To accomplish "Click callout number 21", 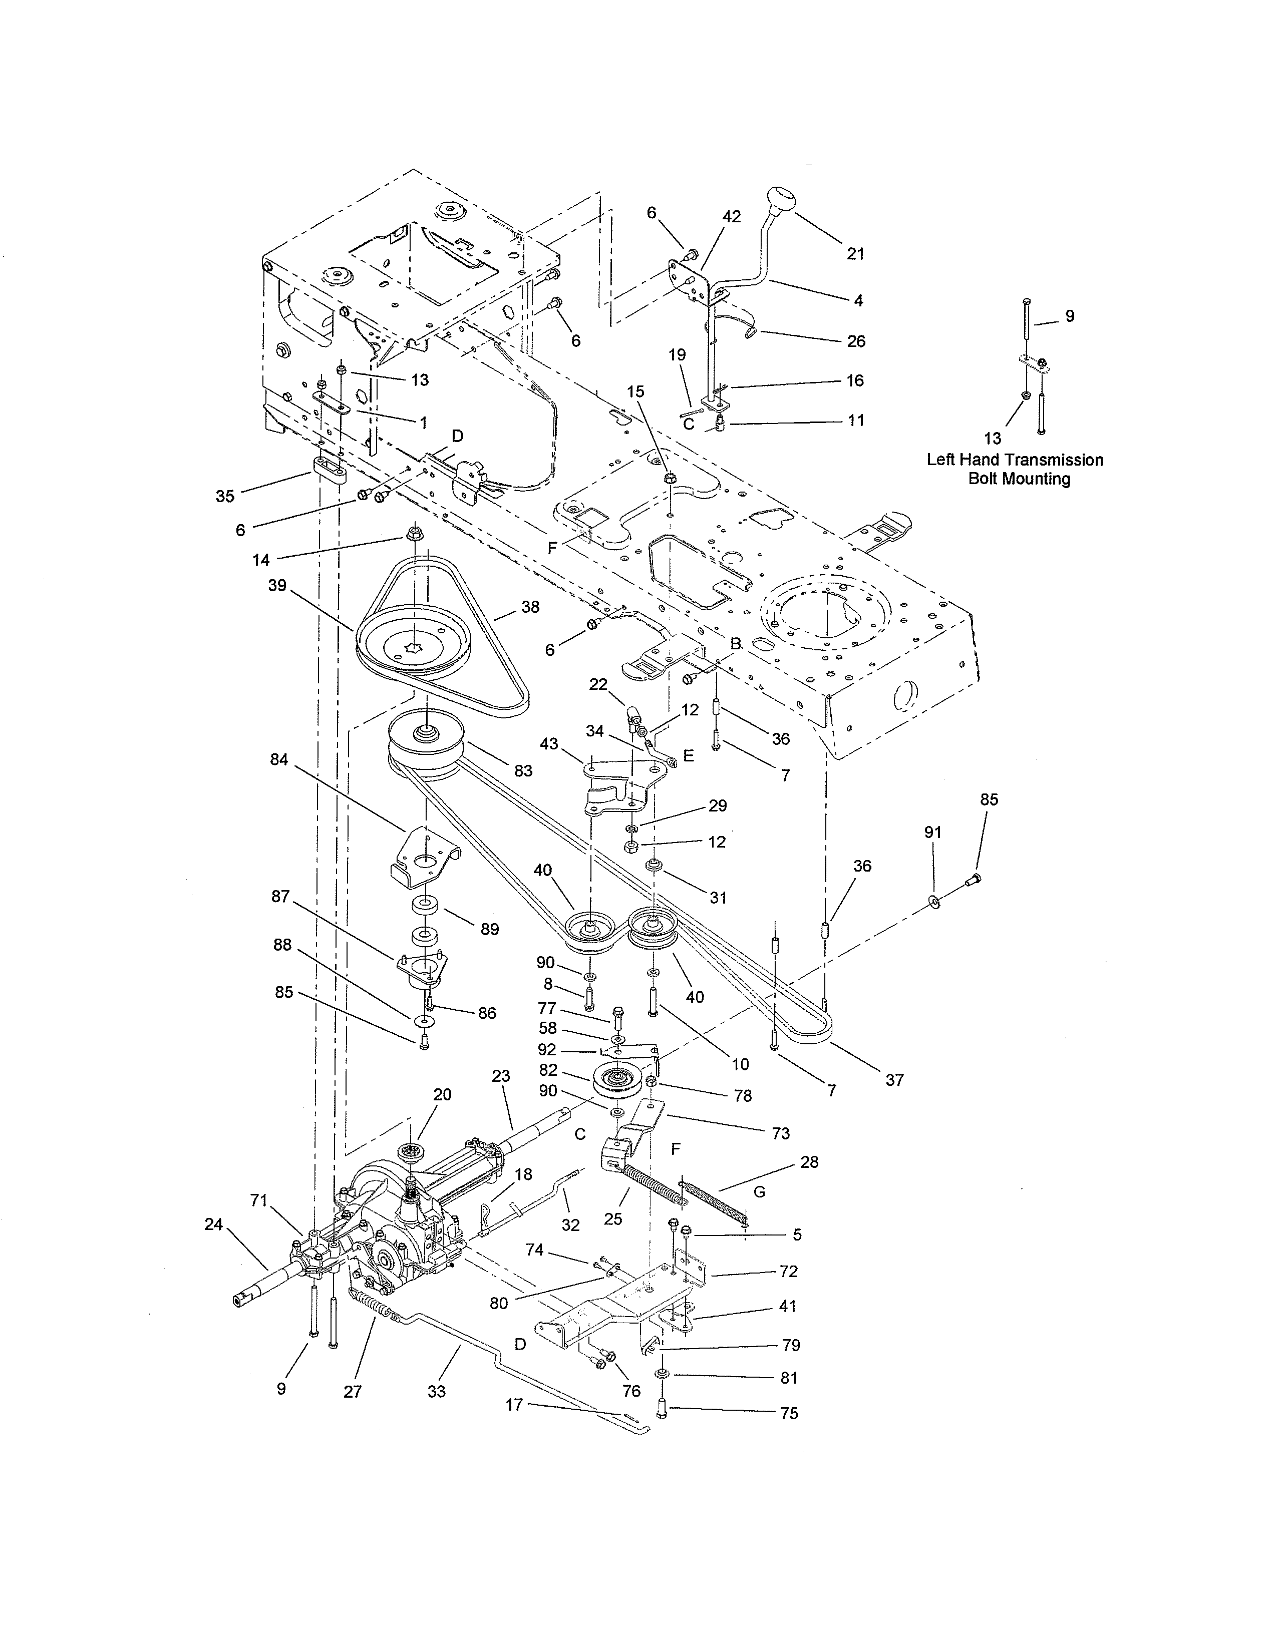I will click(855, 254).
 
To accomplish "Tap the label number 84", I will click(279, 759).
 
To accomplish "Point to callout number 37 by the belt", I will click(894, 1079).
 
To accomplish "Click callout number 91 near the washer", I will click(933, 832).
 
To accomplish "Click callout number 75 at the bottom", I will click(789, 1413).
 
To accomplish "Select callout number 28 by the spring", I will click(809, 1162).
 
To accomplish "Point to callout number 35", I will click(225, 496).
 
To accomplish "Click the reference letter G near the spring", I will click(760, 1192).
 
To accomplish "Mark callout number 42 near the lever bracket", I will click(731, 216).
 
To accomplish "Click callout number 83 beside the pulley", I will click(523, 771).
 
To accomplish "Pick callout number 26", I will click(856, 341).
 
